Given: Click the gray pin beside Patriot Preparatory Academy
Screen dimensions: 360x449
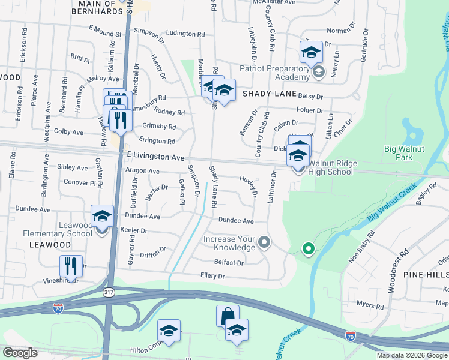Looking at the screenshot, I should click(318, 73).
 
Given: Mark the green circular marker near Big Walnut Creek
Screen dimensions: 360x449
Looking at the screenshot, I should click(309, 248).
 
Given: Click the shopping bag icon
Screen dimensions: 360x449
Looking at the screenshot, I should click(228, 316).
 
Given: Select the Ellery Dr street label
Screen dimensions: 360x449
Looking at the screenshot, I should click(212, 277).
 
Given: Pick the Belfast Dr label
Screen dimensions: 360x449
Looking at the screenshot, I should click(229, 263).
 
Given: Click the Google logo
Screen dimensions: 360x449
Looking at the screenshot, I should click(20, 353).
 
